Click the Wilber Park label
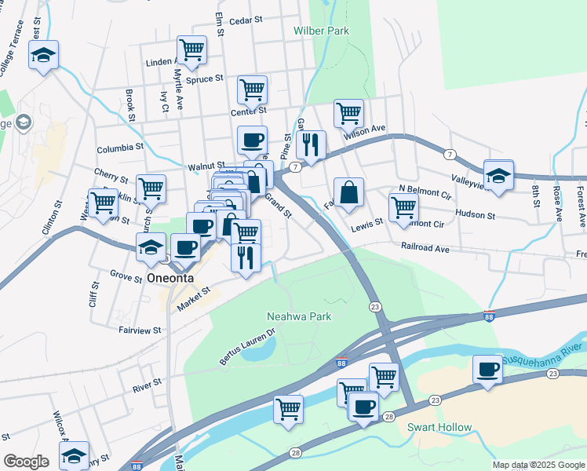[320, 31]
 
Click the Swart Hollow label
[439, 428]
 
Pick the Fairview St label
[140, 331]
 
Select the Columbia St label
[120, 148]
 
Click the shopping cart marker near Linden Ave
[191, 50]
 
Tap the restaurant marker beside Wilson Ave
[311, 144]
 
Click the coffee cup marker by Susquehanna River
[487, 368]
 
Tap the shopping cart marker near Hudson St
[403, 207]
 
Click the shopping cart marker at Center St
[252, 89]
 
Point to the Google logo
[26, 462]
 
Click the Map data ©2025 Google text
[538, 465]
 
